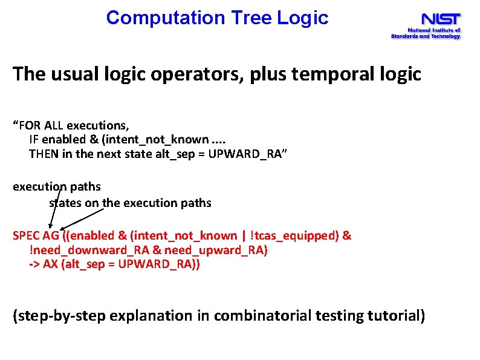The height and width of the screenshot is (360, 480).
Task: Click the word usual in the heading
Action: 76,74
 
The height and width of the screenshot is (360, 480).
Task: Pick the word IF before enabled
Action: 34,140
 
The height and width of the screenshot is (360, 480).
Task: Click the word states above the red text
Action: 65,203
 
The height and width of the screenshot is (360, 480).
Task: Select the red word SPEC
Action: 26,235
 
